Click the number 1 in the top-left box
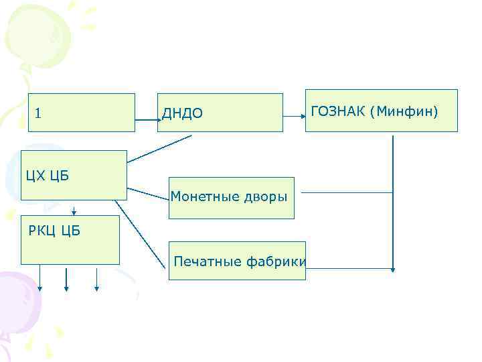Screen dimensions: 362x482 [38, 113]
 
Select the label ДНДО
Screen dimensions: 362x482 [182, 114]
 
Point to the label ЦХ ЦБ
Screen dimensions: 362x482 [48, 176]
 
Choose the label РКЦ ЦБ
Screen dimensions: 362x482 [54, 232]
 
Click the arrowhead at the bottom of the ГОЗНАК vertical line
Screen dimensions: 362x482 [393, 269]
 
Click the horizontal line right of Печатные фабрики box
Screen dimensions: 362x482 [348, 269]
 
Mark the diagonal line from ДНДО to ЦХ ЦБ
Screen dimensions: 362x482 [159, 149]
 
